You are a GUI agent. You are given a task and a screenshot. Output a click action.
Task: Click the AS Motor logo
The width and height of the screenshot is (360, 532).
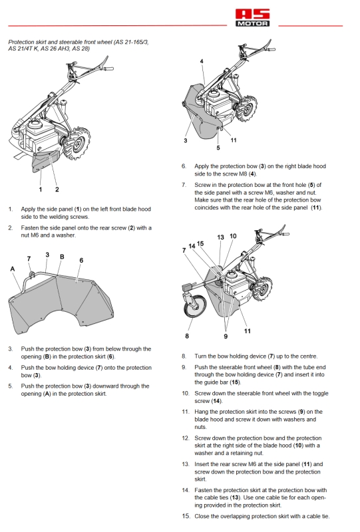point(253,18)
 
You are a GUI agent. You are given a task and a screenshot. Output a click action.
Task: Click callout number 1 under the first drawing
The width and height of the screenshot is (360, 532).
point(41,190)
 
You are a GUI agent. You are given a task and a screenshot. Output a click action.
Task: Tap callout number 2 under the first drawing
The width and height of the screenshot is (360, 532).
point(57,190)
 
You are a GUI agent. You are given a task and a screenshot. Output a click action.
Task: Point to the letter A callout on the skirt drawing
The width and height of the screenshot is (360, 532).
point(13,269)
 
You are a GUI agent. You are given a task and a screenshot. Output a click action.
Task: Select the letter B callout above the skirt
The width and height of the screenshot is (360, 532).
point(62,257)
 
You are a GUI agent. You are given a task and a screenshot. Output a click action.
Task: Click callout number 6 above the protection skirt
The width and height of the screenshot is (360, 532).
point(81,260)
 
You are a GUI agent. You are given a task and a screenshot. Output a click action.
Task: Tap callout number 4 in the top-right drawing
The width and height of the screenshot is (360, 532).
point(202,61)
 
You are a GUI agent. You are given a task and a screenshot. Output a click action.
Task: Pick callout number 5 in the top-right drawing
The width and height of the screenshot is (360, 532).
point(218,148)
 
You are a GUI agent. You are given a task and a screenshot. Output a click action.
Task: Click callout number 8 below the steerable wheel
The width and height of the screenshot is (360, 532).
point(187,336)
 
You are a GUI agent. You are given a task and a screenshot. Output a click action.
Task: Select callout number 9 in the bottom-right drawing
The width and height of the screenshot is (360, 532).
point(226,336)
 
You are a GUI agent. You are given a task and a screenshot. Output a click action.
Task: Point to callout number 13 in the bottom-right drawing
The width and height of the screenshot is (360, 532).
point(220,237)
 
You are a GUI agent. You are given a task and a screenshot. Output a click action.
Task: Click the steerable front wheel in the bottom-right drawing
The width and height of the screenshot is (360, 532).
point(195,307)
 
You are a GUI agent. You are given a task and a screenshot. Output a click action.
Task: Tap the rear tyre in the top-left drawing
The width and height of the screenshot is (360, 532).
point(79,144)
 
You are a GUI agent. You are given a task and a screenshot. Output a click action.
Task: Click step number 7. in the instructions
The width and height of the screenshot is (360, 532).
point(184,185)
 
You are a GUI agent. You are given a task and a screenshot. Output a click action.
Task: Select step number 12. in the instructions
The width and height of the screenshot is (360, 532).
point(185,438)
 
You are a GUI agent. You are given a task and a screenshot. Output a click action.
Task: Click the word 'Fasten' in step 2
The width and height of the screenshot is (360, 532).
point(30,227)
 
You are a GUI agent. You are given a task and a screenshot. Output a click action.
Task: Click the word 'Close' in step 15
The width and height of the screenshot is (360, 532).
point(202,517)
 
